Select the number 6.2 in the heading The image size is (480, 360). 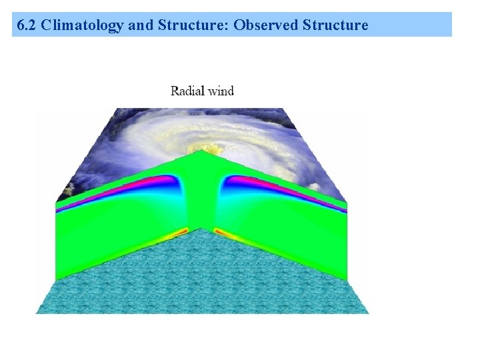tap(27, 25)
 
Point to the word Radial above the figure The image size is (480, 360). tap(187, 91)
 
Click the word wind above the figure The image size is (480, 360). tap(220, 91)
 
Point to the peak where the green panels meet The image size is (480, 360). tap(201, 152)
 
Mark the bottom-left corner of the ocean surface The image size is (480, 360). tap(36, 312)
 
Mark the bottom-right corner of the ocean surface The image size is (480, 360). tap(367, 312)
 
